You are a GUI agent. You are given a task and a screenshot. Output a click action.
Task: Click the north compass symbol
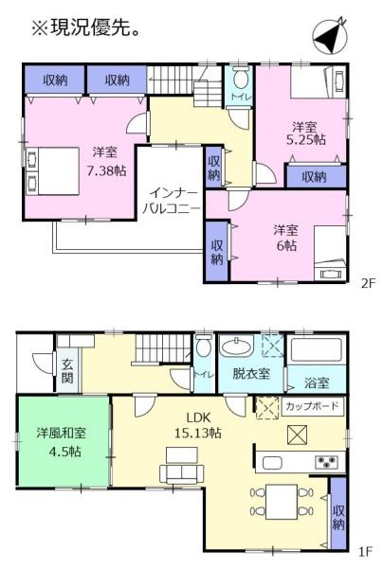point(329,35)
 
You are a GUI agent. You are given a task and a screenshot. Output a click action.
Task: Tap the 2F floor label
point(367,283)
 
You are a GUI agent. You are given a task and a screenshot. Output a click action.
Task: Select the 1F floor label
point(366,552)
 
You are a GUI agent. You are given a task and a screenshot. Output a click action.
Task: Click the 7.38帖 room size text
point(106,170)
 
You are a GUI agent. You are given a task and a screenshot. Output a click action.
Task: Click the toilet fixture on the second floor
point(240,78)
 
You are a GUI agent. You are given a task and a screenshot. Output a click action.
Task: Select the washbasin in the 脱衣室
point(237,347)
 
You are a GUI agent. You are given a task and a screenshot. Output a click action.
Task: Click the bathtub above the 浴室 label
point(315,349)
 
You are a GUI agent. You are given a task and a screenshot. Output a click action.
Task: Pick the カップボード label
point(312,406)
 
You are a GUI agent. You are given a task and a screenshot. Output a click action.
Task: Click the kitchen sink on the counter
point(272,463)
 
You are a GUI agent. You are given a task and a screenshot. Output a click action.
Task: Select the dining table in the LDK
point(282,503)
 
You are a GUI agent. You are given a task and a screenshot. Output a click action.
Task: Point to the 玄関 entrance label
point(67,370)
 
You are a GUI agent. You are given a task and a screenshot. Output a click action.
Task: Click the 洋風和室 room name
point(62,434)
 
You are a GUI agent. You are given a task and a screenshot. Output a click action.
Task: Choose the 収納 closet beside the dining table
point(338,513)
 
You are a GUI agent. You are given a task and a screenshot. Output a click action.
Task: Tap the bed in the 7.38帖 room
point(53,171)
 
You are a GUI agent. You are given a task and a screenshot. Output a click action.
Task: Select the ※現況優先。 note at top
point(86,27)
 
